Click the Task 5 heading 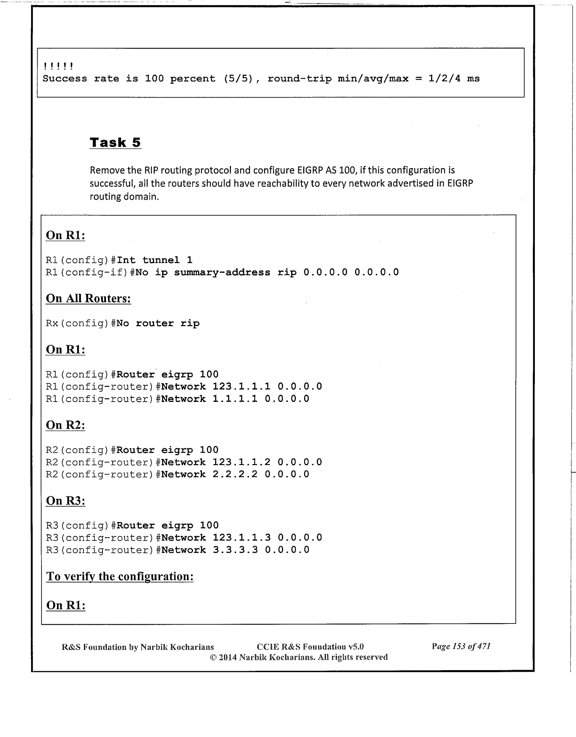point(115,143)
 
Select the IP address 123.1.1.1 point(235,386)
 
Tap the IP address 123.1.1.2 point(235,462)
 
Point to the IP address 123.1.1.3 point(235,538)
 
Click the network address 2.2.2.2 point(235,474)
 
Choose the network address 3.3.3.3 point(235,550)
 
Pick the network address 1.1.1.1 point(235,399)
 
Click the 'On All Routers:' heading point(88,299)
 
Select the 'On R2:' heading point(65,425)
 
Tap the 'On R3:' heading point(65,501)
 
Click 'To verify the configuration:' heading point(120,576)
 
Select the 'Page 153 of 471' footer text point(461,646)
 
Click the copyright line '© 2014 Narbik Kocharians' point(298,657)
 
